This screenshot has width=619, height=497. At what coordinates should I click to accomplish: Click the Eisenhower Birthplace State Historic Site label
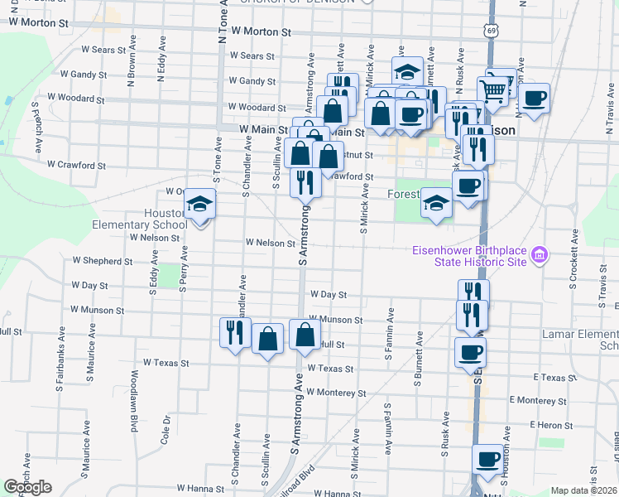click(x=470, y=256)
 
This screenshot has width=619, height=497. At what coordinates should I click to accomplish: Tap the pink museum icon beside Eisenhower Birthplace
click(x=540, y=253)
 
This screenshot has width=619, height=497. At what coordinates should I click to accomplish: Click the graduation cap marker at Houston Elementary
click(x=199, y=203)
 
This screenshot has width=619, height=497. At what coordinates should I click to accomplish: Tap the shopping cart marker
click(x=493, y=89)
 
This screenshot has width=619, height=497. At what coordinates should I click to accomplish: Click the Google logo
click(x=28, y=487)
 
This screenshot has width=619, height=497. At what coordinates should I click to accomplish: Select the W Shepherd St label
click(x=102, y=261)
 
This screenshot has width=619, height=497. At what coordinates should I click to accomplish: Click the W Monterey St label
click(x=335, y=393)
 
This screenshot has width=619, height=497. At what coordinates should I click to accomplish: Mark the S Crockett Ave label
click(x=573, y=254)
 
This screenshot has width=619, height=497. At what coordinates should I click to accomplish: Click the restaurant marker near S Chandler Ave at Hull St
click(x=234, y=333)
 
